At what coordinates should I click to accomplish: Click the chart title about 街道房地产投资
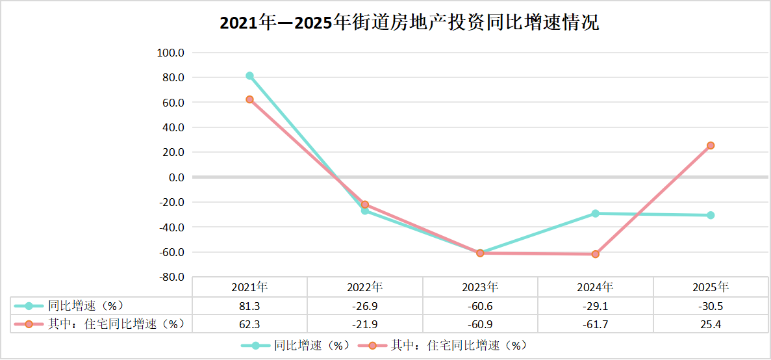pos(409,23)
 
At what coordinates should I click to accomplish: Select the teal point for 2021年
pos(249,76)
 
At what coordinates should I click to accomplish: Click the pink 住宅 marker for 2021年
pos(249,99)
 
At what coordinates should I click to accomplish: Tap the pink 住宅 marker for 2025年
pos(711,146)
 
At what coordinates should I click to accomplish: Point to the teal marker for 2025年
pos(711,215)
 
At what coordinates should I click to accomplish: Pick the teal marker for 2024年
pos(595,213)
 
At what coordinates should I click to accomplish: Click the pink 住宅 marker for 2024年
pos(595,254)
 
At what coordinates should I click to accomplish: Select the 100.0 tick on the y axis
pos(171,53)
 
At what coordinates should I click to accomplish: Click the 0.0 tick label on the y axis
pos(176,177)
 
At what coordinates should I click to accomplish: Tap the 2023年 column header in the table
pos(480,287)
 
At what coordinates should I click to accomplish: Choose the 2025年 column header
pos(711,287)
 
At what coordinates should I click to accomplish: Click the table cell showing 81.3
pos(249,305)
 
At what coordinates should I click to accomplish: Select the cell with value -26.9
pos(364,305)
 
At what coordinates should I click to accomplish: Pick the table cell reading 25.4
pos(711,324)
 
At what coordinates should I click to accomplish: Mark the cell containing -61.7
pos(595,324)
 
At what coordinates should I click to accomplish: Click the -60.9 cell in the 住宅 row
pos(480,324)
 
